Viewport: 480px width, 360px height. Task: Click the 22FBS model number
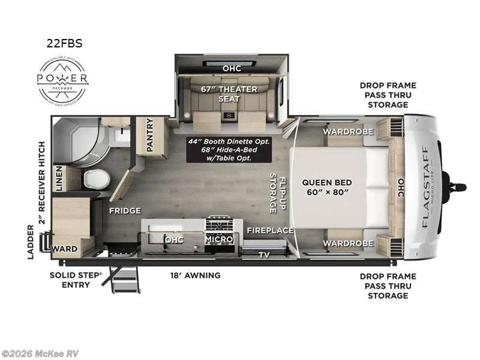pyautogui.click(x=64, y=43)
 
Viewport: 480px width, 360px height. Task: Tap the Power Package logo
pyautogui.click(x=63, y=80)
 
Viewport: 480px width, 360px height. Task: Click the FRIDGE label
pyautogui.click(x=125, y=211)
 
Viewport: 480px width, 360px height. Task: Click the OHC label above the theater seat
pyautogui.click(x=232, y=68)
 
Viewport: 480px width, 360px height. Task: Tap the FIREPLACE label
pyautogui.click(x=271, y=230)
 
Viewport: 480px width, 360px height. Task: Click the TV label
pyautogui.click(x=264, y=254)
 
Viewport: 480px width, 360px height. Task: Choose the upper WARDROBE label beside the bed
pyautogui.click(x=349, y=131)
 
